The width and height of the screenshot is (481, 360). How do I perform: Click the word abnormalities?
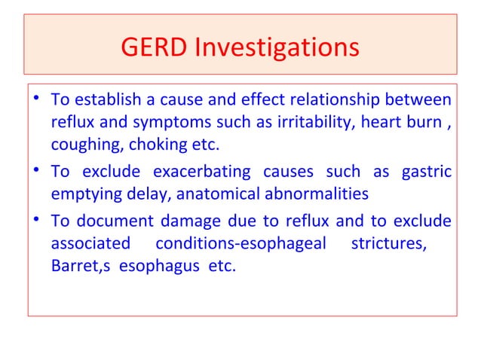click(317, 194)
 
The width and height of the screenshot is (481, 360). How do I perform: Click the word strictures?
click(391, 243)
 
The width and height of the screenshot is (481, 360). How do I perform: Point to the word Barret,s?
click(78, 266)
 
